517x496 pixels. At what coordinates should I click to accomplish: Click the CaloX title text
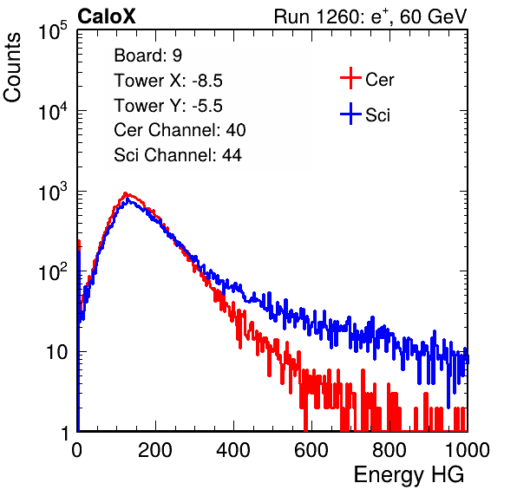coord(106,16)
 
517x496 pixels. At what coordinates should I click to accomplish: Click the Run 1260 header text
coord(370,16)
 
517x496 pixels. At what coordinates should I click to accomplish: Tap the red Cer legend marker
coord(350,78)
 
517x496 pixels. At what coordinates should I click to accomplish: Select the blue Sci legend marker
coord(350,114)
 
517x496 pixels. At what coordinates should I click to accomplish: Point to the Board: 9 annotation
coord(147,55)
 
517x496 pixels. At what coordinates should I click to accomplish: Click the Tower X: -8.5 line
coord(168,81)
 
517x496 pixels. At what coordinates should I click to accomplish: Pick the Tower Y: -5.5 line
coord(168,106)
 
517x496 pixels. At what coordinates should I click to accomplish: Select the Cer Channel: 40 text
coord(180,130)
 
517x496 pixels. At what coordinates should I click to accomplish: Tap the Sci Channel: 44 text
coord(178,155)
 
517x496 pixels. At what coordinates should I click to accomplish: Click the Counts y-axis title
coord(12,68)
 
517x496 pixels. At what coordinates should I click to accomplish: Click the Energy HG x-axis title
coord(409,475)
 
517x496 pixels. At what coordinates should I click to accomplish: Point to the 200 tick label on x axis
coord(155,450)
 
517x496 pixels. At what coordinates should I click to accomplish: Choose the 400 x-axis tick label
coord(233,450)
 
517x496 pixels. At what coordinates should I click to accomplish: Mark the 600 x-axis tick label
coord(311,450)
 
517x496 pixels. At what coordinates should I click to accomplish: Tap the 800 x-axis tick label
coord(389,450)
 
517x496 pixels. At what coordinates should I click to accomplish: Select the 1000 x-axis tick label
coord(468,450)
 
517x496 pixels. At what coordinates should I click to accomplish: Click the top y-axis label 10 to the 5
coord(53,30)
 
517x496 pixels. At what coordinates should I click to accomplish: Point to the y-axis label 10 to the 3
coord(53,192)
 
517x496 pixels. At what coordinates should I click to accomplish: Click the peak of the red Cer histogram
coord(125,193)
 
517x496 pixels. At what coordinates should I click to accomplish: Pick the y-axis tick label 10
coord(57,352)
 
